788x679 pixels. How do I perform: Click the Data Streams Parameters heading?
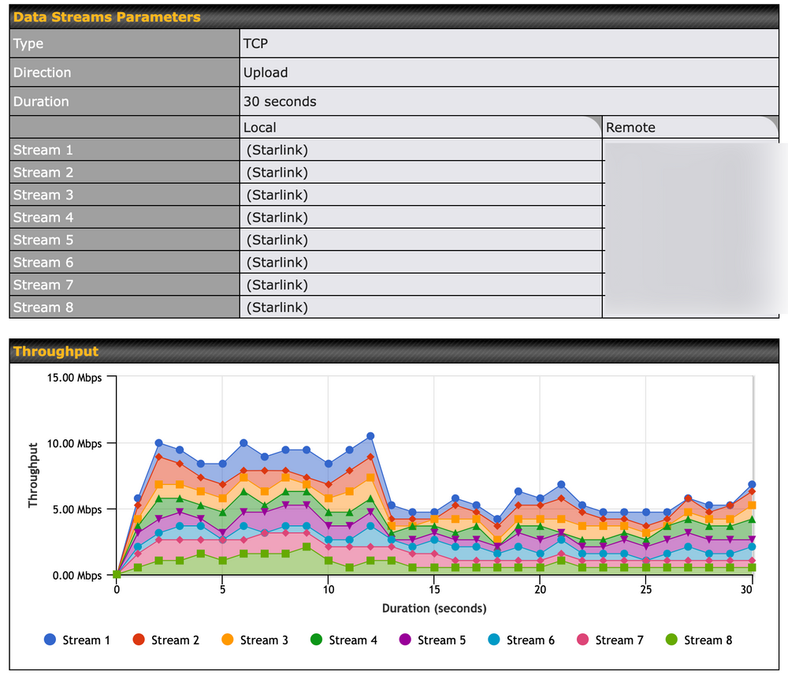[106, 17]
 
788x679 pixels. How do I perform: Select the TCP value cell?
[255, 43]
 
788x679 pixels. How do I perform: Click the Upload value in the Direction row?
[266, 73]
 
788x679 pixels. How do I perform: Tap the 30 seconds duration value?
[280, 102]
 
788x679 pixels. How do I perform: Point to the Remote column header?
[630, 127]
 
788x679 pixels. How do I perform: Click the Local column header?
[260, 127]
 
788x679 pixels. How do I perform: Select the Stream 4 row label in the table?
[43, 218]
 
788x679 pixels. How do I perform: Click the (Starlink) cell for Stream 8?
[277, 308]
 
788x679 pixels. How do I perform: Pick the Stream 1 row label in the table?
[43, 150]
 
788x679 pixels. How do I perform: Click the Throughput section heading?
[56, 351]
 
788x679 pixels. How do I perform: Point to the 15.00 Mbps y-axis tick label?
[72, 377]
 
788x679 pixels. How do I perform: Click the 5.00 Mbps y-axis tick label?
[76, 509]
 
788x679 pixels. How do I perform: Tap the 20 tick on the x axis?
[540, 590]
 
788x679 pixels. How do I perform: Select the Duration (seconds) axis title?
[434, 608]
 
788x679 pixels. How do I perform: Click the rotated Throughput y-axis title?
[33, 475]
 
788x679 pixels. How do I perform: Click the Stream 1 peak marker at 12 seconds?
[370, 436]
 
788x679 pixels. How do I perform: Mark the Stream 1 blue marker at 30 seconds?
[752, 484]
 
